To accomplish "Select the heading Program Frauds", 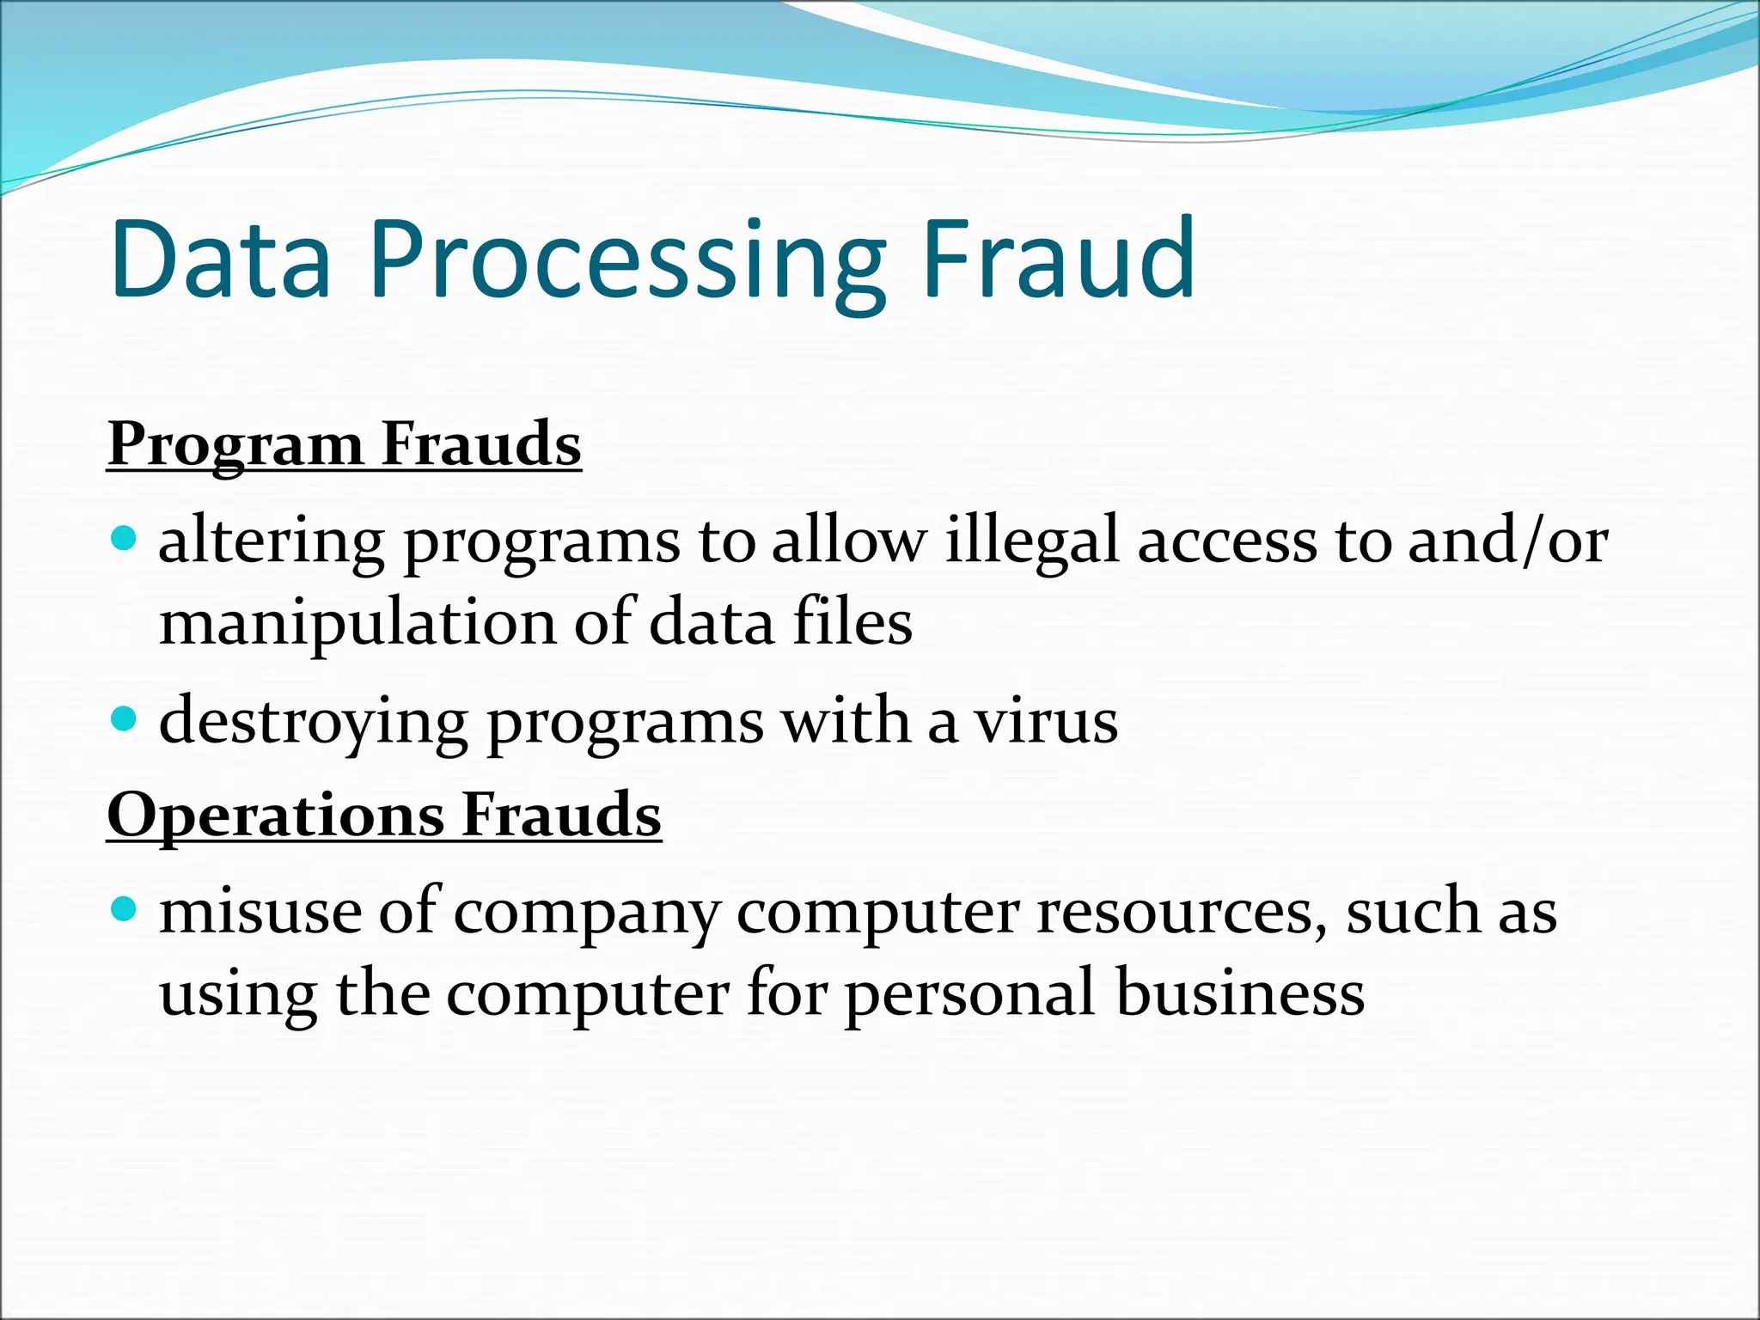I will coord(345,444).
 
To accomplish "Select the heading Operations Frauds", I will coord(384,814).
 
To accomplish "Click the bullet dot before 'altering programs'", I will coord(125,539).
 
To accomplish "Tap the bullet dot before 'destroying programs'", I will coord(125,718).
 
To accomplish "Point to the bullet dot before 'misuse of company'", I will coord(125,908).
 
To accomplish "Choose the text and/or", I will coord(1508,541).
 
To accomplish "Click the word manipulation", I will coord(357,624).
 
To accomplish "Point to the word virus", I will coord(1046,722).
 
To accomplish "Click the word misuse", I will coord(260,911).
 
